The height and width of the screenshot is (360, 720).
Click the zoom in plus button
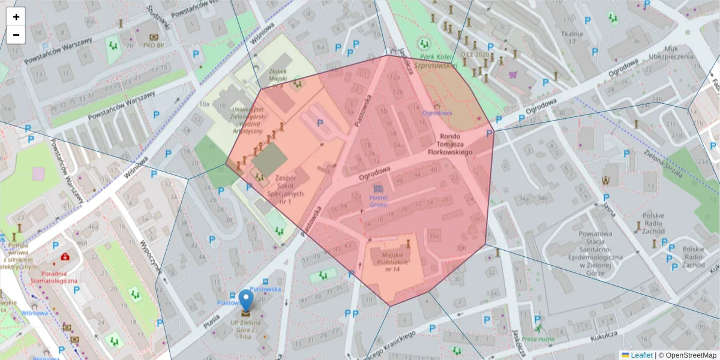[x=16, y=17]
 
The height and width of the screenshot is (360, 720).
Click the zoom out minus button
[x=16, y=35]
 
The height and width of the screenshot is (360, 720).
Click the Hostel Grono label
[x=378, y=201]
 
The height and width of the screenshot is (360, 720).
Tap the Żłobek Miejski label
[x=277, y=74]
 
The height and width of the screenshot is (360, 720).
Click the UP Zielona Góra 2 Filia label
[x=246, y=325]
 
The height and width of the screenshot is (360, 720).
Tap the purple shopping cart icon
[x=513, y=75]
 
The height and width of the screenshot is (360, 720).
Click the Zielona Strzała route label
[x=664, y=163]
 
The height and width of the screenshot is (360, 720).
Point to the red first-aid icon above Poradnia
[x=64, y=257]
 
